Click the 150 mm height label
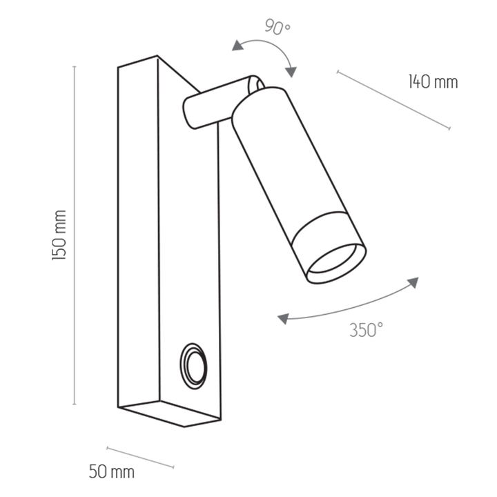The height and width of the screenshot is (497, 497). tap(59, 235)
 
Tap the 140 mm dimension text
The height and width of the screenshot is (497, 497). tap(433, 81)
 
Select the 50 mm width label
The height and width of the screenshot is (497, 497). tap(112, 471)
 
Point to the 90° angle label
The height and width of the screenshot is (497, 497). tap(277, 27)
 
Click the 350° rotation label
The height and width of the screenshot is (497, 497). tap(367, 330)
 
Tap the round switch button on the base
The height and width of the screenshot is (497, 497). tap(193, 366)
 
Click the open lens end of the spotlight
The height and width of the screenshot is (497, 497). tap(336, 263)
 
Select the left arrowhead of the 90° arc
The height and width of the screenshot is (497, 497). tap(237, 46)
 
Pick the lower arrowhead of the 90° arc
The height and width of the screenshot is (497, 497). tap(291, 72)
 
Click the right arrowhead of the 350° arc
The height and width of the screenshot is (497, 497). tap(413, 282)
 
